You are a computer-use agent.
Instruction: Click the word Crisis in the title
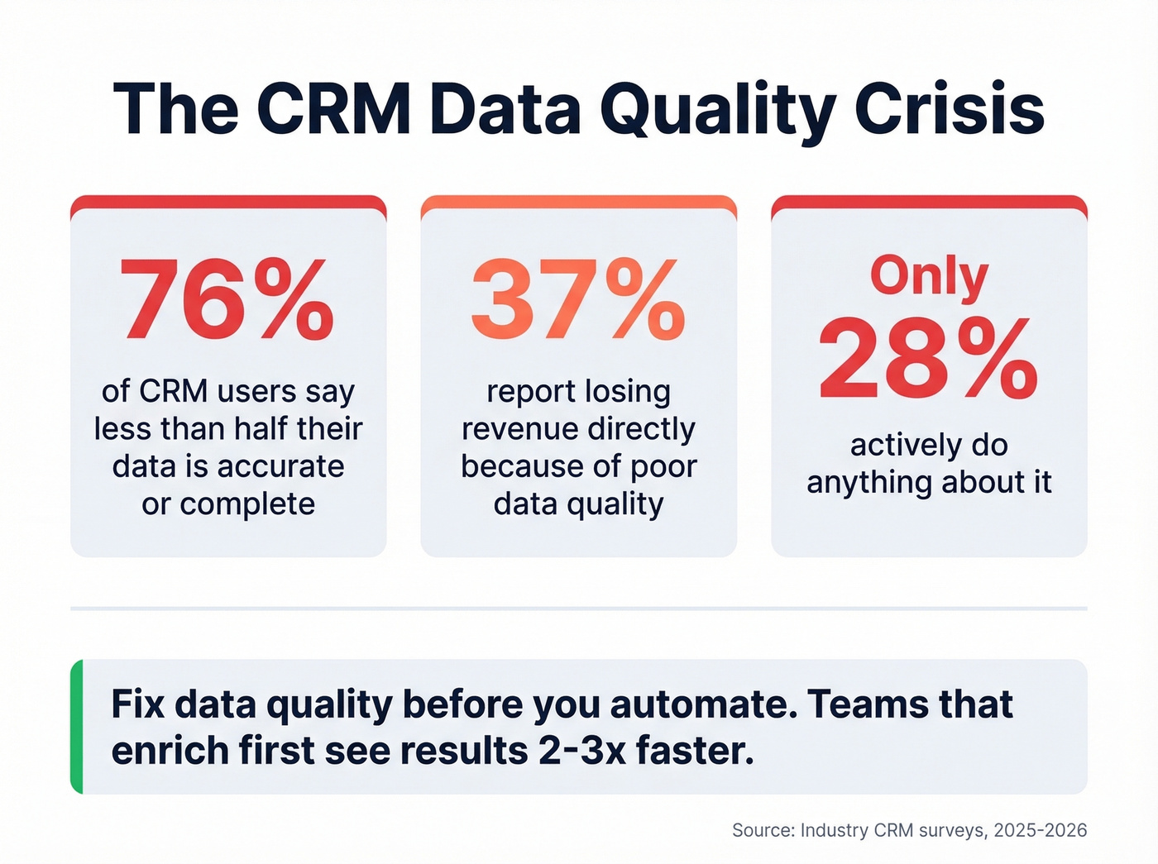[949, 109]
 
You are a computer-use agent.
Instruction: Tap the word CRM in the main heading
[333, 109]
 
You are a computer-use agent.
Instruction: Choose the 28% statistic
[928, 360]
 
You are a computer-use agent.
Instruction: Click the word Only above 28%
[928, 275]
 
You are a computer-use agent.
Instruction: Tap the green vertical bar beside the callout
[77, 727]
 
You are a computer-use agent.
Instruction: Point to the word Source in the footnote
[761, 830]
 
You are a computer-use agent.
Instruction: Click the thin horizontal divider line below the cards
[578, 609]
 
